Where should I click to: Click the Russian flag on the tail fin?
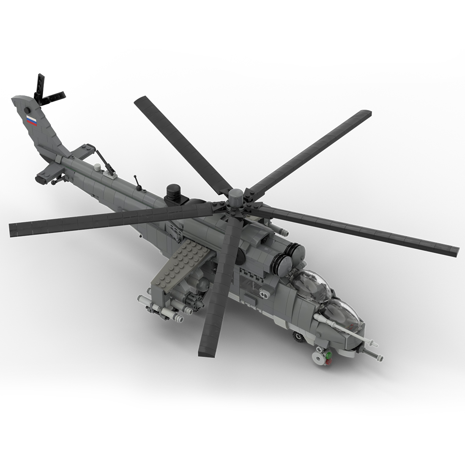coord(32,121)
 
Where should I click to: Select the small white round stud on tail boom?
coord(98,167)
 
